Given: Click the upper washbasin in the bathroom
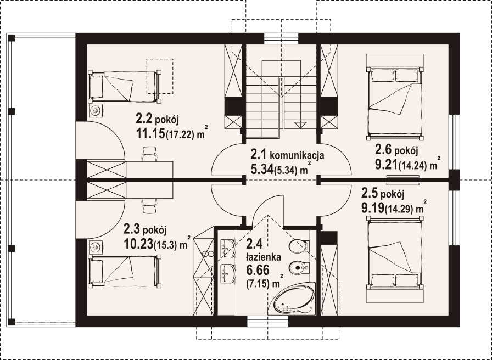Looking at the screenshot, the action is click(227, 249).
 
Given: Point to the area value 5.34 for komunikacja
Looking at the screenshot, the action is click(261, 170).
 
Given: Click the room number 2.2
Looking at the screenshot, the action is click(144, 119).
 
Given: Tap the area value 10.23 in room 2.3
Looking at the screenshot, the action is click(138, 244).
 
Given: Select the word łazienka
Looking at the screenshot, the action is click(263, 258).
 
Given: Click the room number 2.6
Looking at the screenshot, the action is click(383, 150).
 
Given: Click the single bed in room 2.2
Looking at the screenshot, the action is click(125, 87).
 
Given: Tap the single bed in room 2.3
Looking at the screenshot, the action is click(125, 271).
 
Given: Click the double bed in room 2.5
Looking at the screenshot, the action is click(394, 253).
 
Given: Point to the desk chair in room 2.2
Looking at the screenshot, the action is click(149, 154).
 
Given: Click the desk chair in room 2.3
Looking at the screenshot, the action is click(149, 206).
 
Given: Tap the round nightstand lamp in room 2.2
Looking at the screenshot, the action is click(96, 110).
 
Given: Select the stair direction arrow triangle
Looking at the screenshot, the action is click(299, 125).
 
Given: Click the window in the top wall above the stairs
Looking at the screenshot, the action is click(281, 38).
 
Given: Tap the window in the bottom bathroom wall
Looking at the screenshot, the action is click(267, 321).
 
